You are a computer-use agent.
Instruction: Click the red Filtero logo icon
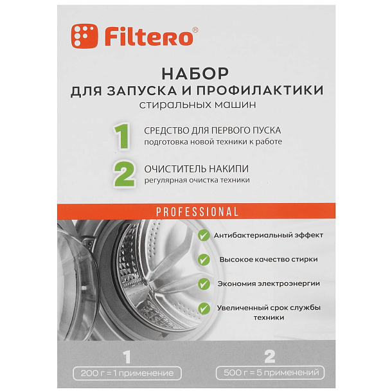pos(84,36)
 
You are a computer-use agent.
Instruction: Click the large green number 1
pos(123,137)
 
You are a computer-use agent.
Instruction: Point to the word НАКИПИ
pos(225,168)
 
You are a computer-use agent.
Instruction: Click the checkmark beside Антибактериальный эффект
pos(203,235)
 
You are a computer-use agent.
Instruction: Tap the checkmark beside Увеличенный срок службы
pos(203,308)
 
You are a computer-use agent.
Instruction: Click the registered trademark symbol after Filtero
pos(195,29)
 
